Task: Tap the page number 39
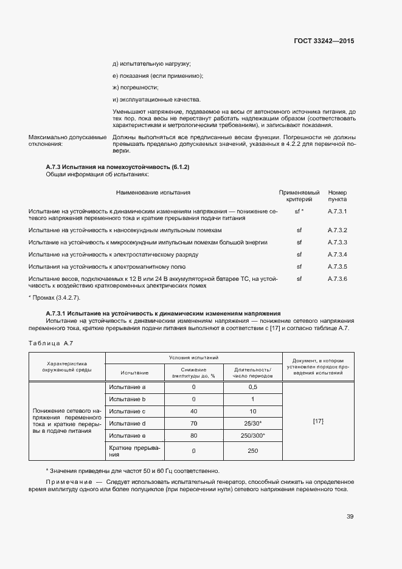(x=350, y=517)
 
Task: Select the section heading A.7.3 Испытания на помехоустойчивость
(x=118, y=167)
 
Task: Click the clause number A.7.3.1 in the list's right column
(x=337, y=212)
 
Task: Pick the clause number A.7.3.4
(x=337, y=254)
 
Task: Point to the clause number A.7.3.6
(x=337, y=278)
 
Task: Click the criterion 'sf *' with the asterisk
(x=299, y=212)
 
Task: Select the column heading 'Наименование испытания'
(x=153, y=193)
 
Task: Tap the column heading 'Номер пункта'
(x=337, y=196)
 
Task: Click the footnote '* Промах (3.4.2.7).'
(x=54, y=298)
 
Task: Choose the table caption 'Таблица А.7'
(x=50, y=344)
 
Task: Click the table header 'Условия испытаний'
(x=195, y=359)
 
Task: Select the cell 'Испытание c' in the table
(x=127, y=412)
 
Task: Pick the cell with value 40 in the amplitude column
(x=193, y=412)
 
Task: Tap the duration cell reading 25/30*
(x=253, y=424)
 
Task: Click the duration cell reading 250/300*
(x=253, y=436)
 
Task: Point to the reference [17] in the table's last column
(x=317, y=421)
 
